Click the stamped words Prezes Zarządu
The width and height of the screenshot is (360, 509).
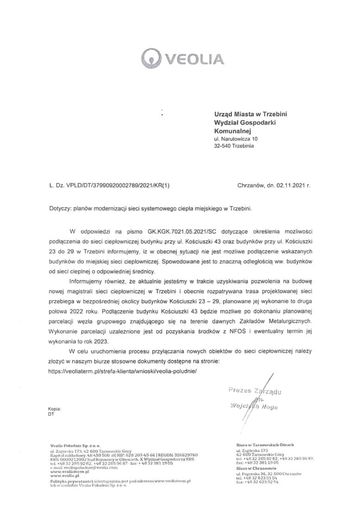coord(255,391)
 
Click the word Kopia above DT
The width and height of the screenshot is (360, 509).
coord(55,409)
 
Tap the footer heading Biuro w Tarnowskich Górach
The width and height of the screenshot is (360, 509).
coord(265,444)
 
